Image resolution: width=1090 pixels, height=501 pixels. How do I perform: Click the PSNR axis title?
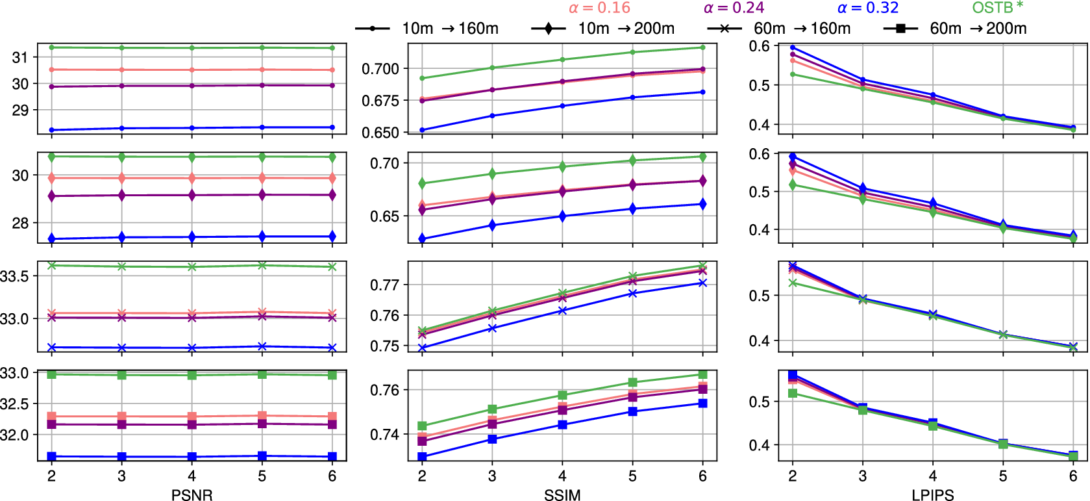[192, 495]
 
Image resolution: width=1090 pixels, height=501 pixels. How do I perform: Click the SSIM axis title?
[562, 495]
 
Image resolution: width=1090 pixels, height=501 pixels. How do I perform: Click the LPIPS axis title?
[932, 495]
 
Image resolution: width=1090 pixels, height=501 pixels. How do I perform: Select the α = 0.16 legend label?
[599, 8]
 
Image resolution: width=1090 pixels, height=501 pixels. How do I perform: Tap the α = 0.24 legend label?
[734, 8]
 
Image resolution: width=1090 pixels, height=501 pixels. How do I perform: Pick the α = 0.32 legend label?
[868, 8]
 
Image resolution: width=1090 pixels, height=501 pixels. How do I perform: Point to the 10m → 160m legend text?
[450, 29]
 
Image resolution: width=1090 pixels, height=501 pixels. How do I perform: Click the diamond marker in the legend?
[549, 29]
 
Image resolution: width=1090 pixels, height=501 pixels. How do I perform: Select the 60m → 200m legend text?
[978, 29]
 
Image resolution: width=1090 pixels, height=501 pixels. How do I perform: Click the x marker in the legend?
[724, 29]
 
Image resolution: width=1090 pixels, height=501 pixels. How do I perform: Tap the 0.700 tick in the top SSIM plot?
[380, 69]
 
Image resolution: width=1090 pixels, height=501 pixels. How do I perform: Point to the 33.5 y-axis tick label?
[15, 276]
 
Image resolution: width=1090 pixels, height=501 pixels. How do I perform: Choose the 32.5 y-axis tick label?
[15, 404]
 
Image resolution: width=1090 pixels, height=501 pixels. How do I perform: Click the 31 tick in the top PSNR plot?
[20, 57]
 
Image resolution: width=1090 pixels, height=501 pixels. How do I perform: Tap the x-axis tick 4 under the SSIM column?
[562, 476]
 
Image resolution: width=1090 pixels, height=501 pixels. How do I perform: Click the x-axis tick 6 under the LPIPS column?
[1073, 476]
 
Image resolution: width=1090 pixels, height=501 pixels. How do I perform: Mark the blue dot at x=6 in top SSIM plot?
[702, 92]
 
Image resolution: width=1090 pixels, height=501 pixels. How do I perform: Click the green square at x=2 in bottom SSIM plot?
[422, 426]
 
